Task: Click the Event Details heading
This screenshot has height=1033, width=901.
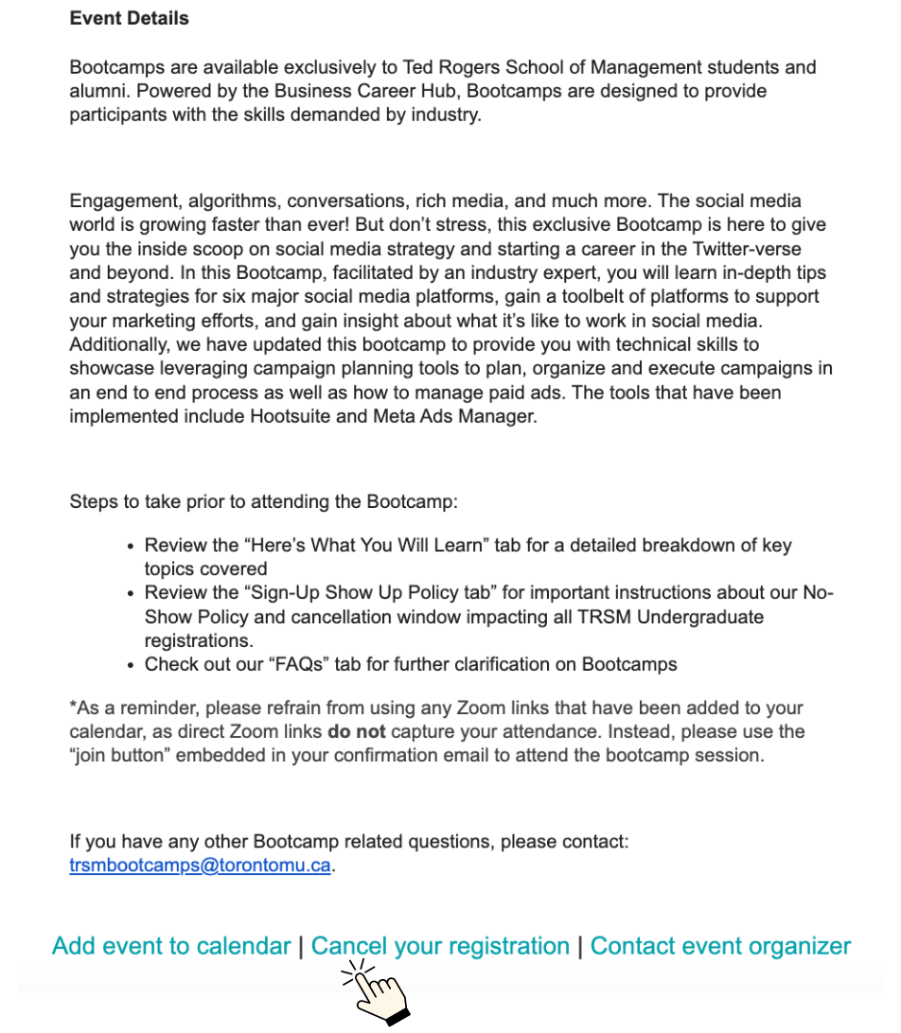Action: coord(129,18)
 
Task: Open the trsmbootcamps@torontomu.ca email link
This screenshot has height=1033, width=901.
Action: coord(200,866)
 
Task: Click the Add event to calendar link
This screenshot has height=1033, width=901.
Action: coord(171,946)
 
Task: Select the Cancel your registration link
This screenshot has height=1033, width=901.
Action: coord(440,946)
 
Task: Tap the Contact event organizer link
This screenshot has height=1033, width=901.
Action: coord(720,946)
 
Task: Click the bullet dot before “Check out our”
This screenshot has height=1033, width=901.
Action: coord(131,665)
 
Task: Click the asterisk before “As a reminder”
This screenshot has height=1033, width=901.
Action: coord(73,707)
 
